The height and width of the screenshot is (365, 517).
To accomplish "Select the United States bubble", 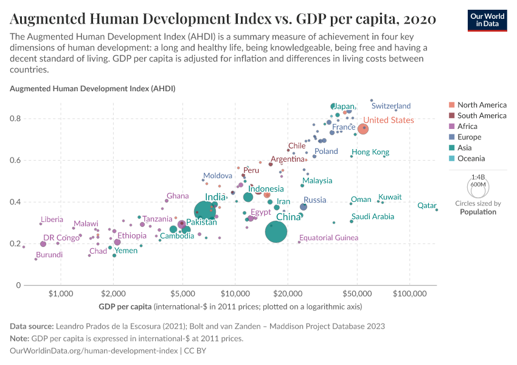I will tap(363, 128).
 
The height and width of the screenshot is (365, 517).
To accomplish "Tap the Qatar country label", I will tap(426, 206).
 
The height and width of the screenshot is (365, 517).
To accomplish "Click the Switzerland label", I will tap(391, 106).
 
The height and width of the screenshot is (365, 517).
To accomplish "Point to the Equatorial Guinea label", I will tap(328, 237).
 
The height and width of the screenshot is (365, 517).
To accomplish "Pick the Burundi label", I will tap(49, 255).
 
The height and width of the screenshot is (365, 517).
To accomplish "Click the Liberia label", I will tap(52, 220).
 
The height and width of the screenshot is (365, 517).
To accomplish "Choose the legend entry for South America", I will tap(482, 116).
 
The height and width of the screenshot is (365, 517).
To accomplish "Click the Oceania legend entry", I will tap(471, 159).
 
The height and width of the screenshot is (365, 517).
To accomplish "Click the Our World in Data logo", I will tap(488, 19).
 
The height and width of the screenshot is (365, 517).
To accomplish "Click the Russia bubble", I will tap(304, 207).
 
